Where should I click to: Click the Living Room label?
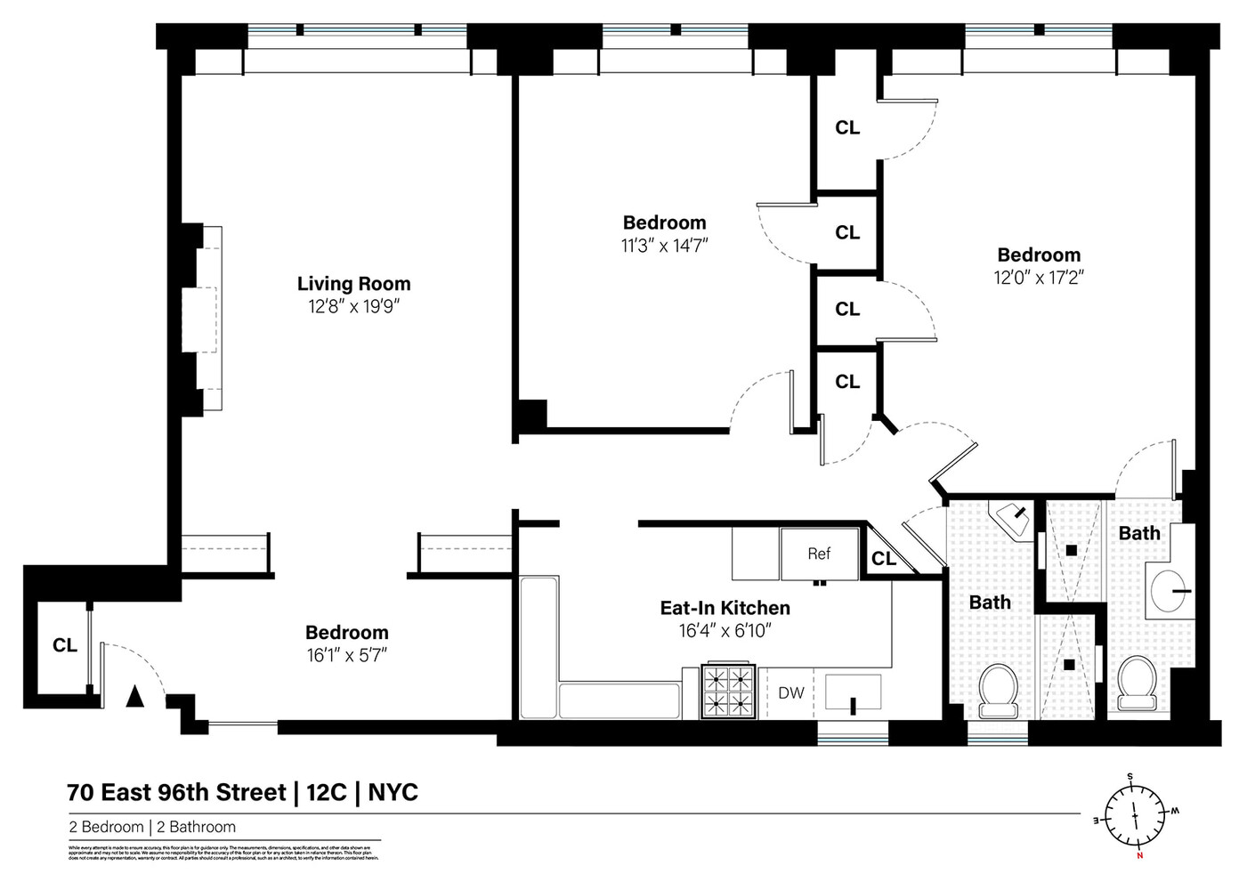pos(353,284)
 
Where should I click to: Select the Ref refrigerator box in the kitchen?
pos(819,554)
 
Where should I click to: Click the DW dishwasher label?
pos(790,692)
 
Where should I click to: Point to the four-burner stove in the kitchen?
pos(729,692)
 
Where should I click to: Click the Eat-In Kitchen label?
pos(725,608)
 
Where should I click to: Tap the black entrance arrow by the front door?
pos(134,696)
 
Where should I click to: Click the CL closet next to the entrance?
pos(64,645)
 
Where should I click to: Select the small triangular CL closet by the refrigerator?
pos(883,559)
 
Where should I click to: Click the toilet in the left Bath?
pos(998,691)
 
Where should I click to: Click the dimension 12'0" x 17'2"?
pos(1038,278)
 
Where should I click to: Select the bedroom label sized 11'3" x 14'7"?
pos(664,222)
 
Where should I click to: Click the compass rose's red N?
pos(1139,856)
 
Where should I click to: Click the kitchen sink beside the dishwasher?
pos(853,692)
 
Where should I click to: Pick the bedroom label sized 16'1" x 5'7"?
pos(346,633)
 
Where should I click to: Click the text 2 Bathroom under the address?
pos(196,827)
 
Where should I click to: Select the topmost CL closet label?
pos(846,128)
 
